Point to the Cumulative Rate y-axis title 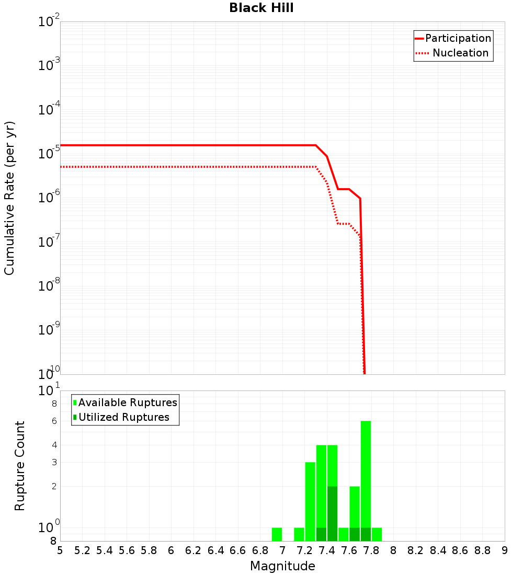(9, 198)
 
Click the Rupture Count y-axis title (20, 466)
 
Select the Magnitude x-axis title (282, 566)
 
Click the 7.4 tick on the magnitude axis (327, 550)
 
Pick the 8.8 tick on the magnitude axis (483, 550)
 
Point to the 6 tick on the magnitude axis (172, 550)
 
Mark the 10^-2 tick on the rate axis (49, 22)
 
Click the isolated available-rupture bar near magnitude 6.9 (277, 534)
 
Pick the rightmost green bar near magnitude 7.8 (377, 534)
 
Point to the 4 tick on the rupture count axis (54, 445)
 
